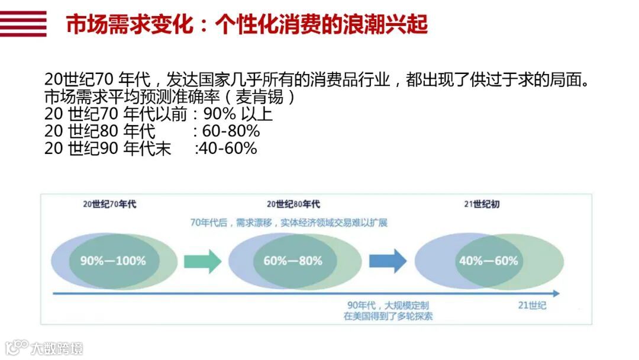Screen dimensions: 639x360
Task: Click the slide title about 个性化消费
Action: [x=247, y=25]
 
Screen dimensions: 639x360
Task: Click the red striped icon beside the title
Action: [x=23, y=24]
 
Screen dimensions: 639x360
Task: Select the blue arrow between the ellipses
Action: [x=388, y=261]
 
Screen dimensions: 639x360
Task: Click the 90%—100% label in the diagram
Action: [x=113, y=261]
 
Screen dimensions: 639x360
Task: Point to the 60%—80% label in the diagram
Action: [x=293, y=261]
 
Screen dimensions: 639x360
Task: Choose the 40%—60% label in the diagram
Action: [x=488, y=261]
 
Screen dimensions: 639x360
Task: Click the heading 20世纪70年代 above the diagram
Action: [x=109, y=204]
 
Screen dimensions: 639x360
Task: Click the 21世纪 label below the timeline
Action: [x=532, y=306]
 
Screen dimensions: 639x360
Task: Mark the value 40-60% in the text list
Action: [x=229, y=148]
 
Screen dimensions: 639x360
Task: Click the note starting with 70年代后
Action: [x=289, y=223]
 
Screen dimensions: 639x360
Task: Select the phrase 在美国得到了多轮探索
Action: [x=388, y=316]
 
